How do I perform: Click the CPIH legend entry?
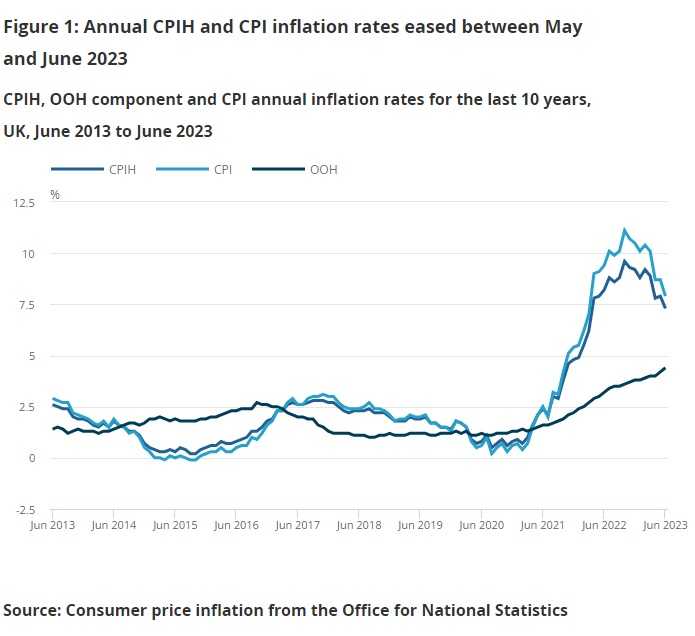pos(118,169)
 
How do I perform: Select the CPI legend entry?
pos(222,169)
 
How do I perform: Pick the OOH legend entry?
pos(322,169)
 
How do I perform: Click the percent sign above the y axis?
pos(55,194)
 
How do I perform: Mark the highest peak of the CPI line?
pos(625,230)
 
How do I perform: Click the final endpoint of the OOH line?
pos(665,368)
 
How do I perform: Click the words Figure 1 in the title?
pos(39,27)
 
